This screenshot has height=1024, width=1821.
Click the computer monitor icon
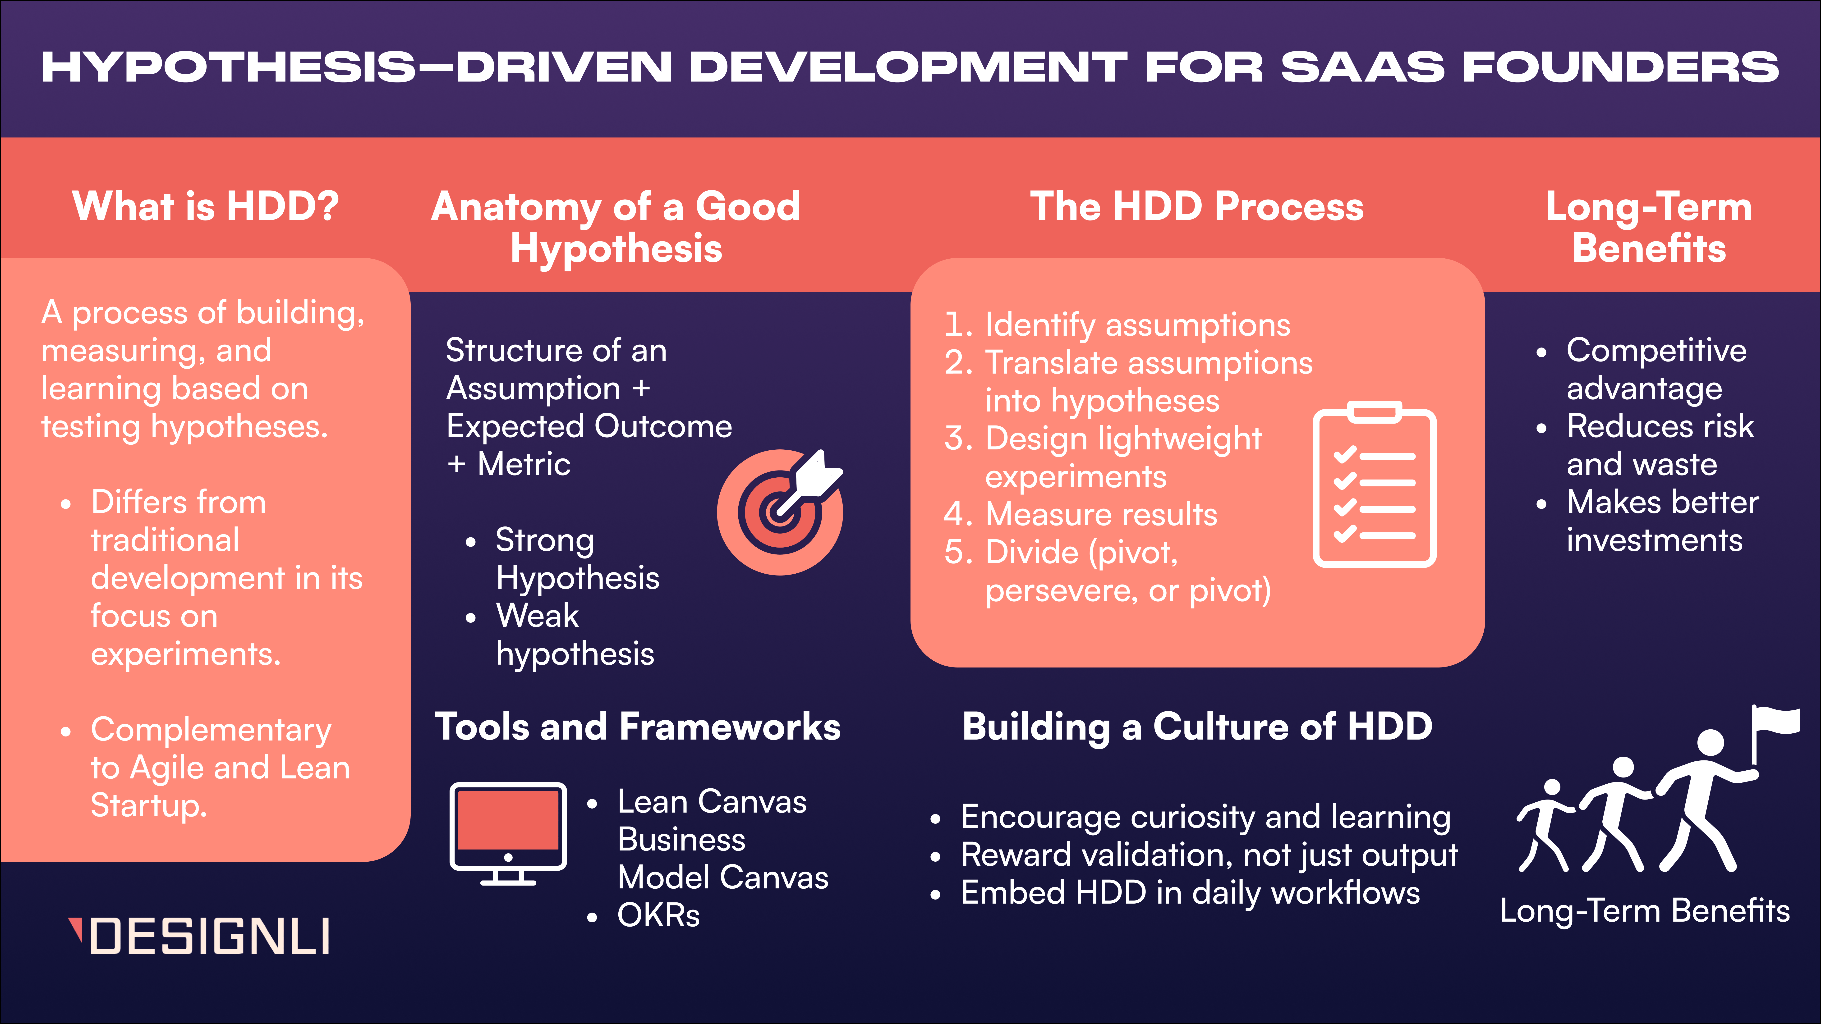pos(508,834)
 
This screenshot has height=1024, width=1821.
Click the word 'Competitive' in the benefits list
pos(1656,351)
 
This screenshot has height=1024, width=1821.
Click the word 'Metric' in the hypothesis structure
pos(524,464)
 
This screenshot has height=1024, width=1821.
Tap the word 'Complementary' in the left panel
pos(211,731)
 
